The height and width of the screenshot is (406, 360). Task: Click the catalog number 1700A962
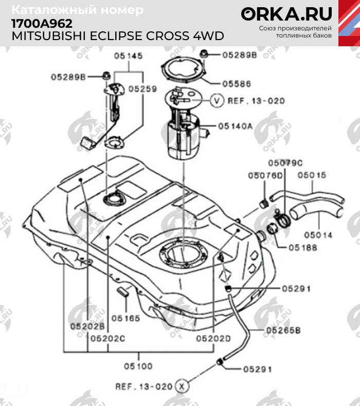click(42, 24)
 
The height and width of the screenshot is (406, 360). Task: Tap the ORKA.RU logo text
click(286, 14)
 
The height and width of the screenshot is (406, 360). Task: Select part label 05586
click(237, 84)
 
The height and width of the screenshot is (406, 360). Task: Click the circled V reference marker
click(217, 100)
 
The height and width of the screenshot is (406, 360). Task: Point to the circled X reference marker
click(182, 386)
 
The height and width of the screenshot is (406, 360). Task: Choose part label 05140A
click(235, 126)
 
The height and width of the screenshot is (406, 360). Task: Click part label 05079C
click(285, 163)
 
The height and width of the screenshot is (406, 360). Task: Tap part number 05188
click(303, 248)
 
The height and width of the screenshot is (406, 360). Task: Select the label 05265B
click(283, 330)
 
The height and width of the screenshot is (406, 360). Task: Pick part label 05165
click(125, 318)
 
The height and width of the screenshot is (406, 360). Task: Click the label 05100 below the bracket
click(138, 366)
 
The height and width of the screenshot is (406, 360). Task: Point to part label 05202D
click(213, 339)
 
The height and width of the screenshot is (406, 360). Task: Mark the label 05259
click(143, 89)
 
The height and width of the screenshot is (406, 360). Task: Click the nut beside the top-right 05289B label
click(203, 54)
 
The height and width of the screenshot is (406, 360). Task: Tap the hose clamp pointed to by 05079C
click(282, 219)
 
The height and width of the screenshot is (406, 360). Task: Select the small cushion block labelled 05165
click(123, 291)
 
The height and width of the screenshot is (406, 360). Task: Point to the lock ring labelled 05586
click(183, 69)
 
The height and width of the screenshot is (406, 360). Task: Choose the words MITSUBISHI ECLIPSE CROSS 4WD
click(118, 36)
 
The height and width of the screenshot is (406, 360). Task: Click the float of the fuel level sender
click(88, 144)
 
